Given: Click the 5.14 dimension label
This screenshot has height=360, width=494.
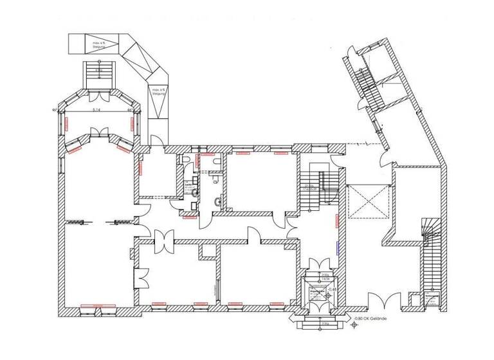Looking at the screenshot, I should click(x=97, y=110).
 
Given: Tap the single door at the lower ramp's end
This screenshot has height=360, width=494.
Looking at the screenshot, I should click(x=155, y=137).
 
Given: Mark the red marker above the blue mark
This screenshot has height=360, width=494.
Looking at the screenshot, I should click(x=336, y=220).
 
